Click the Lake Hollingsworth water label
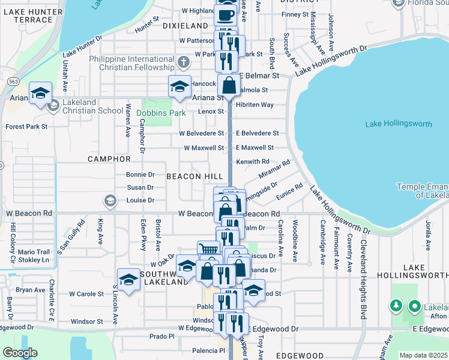click(398, 124)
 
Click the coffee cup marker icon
click(225, 14)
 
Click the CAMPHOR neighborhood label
click(109, 159)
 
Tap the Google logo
click(20, 353)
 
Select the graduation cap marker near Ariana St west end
click(41, 93)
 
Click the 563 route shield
click(11, 80)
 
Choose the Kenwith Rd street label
click(252, 161)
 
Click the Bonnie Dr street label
click(140, 175)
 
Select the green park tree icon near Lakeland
click(396, 307)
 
